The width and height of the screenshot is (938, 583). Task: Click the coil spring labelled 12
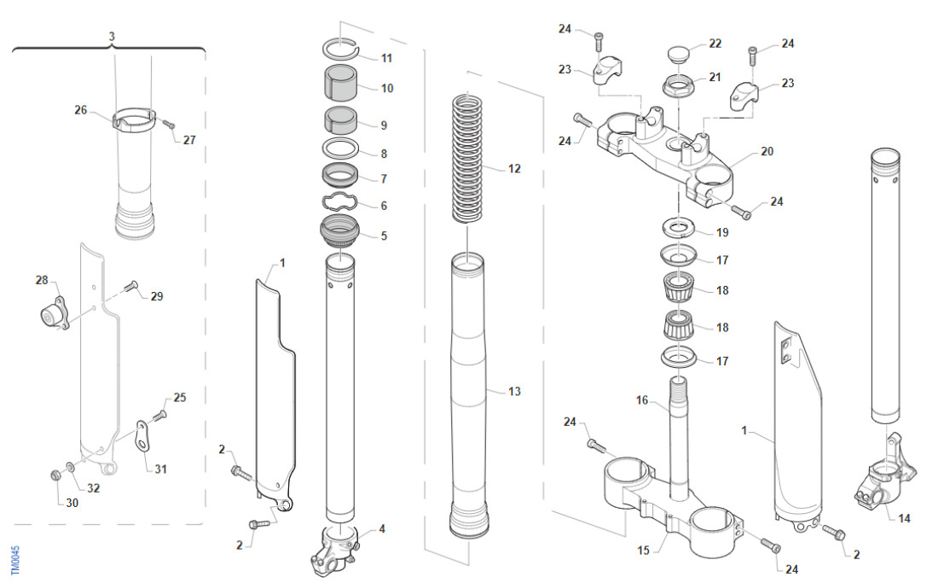(x=468, y=158)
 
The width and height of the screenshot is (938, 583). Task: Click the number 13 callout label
(x=514, y=392)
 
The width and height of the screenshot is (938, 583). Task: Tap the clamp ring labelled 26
(x=134, y=119)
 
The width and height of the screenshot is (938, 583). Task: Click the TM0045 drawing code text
(x=15, y=558)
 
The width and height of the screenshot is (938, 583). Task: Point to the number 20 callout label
(x=767, y=151)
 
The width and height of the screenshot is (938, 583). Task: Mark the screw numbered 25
(x=159, y=414)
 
